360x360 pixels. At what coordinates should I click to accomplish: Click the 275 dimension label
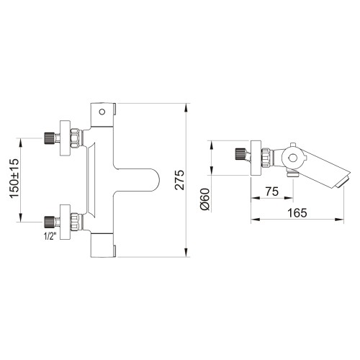179,180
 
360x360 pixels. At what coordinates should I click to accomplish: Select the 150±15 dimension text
14,178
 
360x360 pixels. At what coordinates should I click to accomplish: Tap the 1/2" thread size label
50,236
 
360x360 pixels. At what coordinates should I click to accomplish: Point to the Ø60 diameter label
205,199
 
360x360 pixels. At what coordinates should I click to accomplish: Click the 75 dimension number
272,192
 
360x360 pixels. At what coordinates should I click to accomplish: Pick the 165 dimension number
297,213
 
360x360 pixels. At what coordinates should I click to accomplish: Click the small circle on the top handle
102,112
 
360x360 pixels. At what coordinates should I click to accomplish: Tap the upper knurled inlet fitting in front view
50,138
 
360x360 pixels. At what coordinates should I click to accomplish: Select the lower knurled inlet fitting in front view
50,222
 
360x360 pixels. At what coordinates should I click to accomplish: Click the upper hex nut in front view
75,138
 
